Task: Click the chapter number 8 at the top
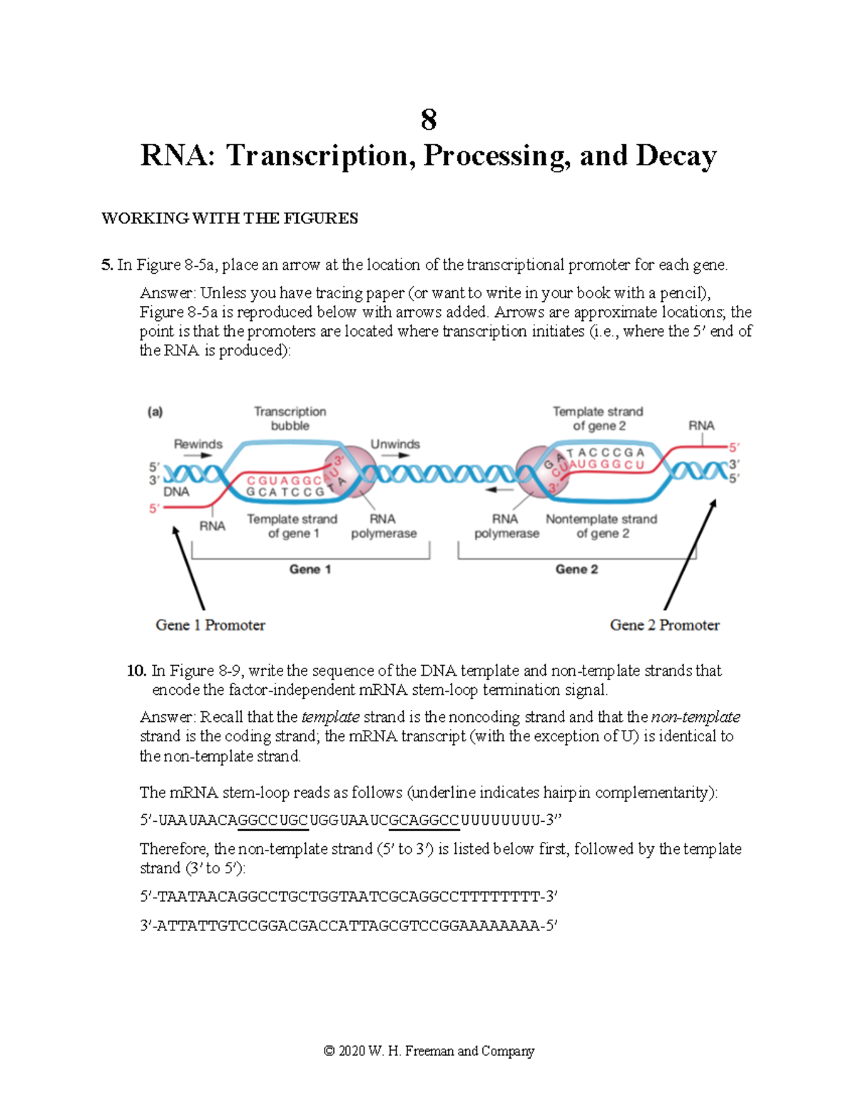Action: [x=428, y=120]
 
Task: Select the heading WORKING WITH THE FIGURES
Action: [x=230, y=218]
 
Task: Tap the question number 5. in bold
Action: [x=107, y=265]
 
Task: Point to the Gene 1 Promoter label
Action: [x=210, y=625]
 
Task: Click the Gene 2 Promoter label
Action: [x=664, y=625]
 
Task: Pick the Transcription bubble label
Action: [x=290, y=419]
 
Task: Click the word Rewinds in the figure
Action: [x=198, y=444]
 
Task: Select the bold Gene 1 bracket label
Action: [x=310, y=569]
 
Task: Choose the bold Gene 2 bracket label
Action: [x=576, y=569]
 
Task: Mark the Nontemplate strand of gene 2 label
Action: [x=601, y=527]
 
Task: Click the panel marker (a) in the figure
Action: [x=155, y=412]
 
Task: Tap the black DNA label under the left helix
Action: [x=176, y=492]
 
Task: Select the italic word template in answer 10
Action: [x=330, y=717]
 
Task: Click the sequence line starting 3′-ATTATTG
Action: [x=348, y=926]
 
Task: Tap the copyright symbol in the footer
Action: [x=329, y=1051]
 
